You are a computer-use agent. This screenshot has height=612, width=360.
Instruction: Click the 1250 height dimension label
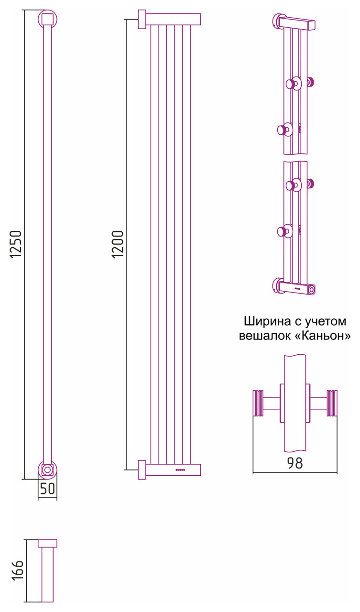click(16, 245)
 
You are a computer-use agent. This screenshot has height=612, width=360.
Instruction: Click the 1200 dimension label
click(118, 245)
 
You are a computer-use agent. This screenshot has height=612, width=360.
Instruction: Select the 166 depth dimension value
click(17, 570)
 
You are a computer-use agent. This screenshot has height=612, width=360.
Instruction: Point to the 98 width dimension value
click(295, 463)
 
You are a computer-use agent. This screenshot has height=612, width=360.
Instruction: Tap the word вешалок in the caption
click(262, 336)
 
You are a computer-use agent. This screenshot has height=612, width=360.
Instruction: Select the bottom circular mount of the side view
click(47, 470)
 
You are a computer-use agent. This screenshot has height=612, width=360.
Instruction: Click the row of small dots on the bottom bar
click(180, 470)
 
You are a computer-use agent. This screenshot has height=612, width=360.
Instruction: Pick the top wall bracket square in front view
click(142, 19)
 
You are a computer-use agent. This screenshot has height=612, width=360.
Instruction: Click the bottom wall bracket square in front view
click(142, 470)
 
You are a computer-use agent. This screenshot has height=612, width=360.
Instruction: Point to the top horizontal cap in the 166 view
click(47, 543)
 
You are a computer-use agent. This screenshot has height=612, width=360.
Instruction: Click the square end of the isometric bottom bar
click(312, 290)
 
